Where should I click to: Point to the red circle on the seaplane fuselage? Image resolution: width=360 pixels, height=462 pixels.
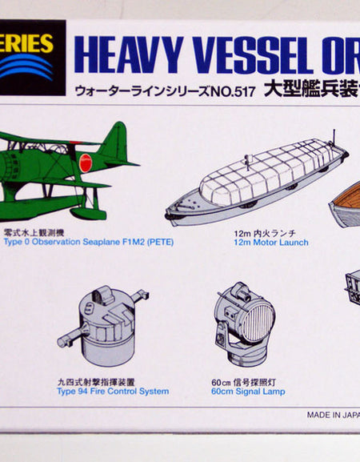86,163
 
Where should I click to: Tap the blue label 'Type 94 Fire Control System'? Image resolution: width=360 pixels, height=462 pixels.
113,392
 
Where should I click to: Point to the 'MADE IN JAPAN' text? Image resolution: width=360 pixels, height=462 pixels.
332,415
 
